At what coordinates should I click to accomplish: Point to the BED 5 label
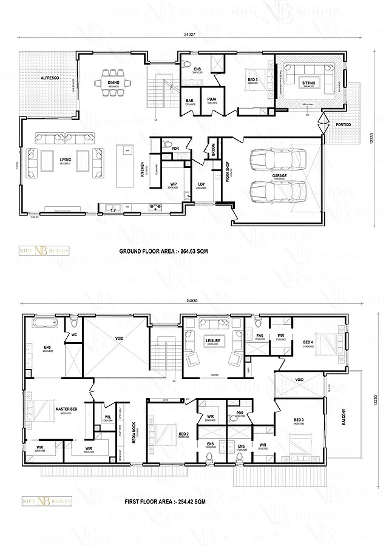pos(253,79)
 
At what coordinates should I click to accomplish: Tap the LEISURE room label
pos(212,341)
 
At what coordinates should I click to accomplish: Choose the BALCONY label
pos(344,415)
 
